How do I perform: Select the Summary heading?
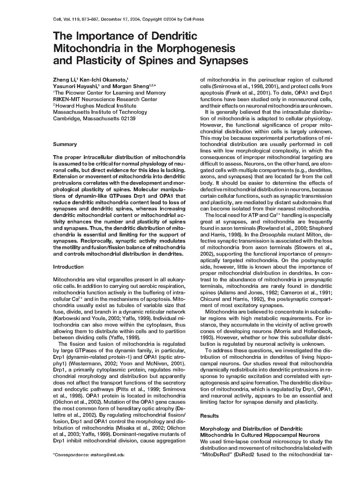click(65, 144)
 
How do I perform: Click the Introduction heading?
click(68, 267)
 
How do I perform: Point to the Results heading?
click(209, 415)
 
